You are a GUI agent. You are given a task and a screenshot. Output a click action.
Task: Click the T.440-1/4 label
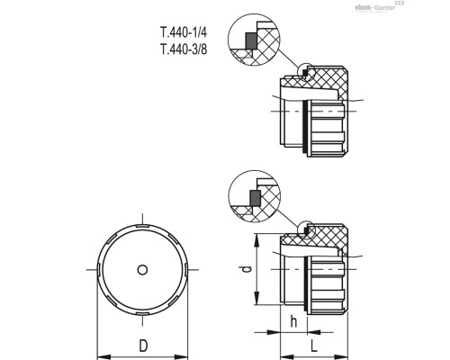[x=184, y=32]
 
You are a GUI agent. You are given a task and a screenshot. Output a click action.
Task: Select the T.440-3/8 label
[x=184, y=49]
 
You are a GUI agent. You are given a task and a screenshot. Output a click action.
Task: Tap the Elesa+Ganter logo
[x=379, y=6]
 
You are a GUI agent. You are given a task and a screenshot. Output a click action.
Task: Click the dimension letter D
[x=143, y=346]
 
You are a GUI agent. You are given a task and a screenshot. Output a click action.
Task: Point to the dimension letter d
[x=247, y=269]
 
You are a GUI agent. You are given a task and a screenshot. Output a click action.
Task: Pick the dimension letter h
[x=293, y=321]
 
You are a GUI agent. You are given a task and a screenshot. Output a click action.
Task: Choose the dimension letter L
[x=314, y=346]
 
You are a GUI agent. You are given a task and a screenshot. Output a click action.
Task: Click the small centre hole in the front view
[x=142, y=270]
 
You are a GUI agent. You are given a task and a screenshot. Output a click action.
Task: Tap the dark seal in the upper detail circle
[x=251, y=40]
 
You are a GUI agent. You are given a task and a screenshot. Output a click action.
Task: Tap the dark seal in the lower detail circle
[x=256, y=198]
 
